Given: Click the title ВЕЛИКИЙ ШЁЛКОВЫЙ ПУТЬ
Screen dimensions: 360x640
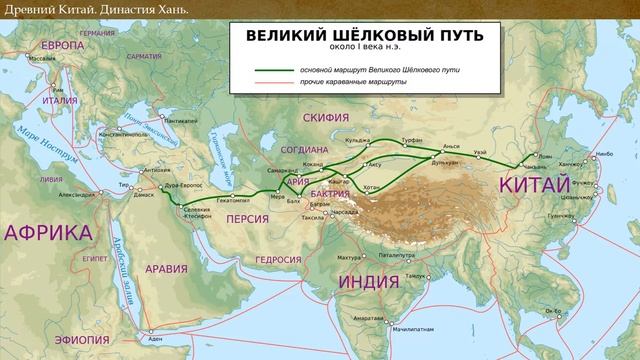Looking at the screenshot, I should click(364, 35).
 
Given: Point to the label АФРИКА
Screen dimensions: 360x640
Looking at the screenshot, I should click(47, 233).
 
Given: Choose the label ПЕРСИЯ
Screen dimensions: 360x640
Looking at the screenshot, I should click(249, 219).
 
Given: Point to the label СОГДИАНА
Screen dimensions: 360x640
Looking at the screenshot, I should click(303, 149).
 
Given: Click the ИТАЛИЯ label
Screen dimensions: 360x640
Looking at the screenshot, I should click(60, 100).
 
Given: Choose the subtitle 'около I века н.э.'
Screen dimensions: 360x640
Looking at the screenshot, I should click(364, 47).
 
